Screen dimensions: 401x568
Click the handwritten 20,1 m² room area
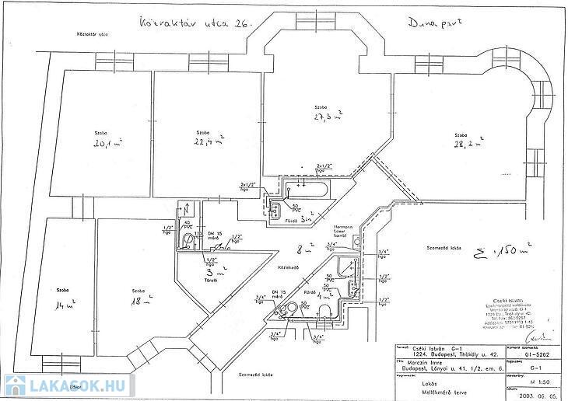tap(108, 143)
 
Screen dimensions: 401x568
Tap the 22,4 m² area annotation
tap(210, 140)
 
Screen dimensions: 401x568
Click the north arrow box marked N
tap(188, 210)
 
